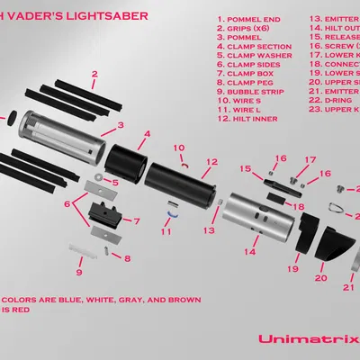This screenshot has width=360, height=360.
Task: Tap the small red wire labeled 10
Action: [184, 166]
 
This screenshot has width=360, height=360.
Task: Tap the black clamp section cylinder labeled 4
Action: [126, 161]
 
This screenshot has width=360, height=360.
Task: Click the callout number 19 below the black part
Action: [292, 268]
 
